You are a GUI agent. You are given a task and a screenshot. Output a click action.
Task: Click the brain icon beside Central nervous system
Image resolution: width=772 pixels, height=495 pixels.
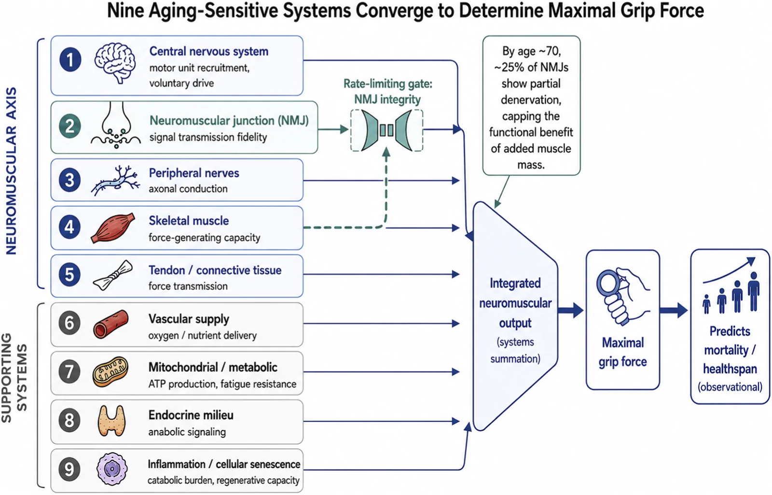(115, 63)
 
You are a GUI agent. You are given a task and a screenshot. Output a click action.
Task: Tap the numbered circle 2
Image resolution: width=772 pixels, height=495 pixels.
(70, 126)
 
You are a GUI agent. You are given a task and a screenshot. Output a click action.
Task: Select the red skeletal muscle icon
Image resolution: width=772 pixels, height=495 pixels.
(113, 227)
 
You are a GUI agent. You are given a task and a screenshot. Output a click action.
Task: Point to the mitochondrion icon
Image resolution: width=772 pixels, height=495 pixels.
(110, 371)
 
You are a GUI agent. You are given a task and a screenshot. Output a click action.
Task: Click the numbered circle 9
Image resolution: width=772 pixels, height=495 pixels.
(69, 469)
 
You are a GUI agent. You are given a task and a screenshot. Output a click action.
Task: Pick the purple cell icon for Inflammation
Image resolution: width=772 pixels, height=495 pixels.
(111, 469)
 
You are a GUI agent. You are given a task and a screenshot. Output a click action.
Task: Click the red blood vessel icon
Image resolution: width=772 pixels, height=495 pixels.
(110, 324)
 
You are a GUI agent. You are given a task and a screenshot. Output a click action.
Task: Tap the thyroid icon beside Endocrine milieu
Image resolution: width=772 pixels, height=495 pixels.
(111, 421)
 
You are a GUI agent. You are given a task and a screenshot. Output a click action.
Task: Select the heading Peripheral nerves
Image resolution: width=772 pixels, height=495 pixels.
(194, 173)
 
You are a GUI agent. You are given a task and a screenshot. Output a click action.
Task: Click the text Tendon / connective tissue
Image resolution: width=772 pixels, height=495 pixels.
(215, 270)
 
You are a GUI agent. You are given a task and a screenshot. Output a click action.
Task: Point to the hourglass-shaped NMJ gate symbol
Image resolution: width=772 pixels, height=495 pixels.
(386, 130)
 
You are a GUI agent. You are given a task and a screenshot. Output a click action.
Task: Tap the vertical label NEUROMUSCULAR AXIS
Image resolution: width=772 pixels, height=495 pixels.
(12, 171)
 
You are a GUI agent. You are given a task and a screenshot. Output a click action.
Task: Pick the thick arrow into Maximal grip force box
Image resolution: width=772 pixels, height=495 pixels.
(571, 310)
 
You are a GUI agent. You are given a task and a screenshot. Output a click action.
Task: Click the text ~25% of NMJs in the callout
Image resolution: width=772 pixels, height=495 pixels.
(531, 67)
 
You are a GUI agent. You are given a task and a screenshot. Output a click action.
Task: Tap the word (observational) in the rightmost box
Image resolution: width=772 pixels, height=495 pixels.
(730, 387)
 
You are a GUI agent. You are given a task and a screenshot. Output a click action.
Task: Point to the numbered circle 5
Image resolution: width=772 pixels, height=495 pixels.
(69, 275)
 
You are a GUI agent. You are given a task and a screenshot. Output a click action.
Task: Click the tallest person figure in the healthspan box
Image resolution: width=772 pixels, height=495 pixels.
(754, 292)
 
